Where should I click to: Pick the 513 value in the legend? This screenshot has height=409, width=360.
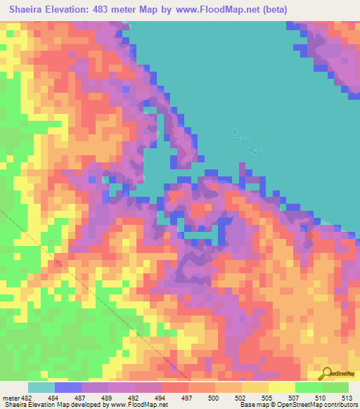click(347, 398)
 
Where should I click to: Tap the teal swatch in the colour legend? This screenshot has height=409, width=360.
click(41, 387)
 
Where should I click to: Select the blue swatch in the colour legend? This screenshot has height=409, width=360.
click(68, 387)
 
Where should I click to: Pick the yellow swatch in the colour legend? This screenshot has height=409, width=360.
click(282, 387)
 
